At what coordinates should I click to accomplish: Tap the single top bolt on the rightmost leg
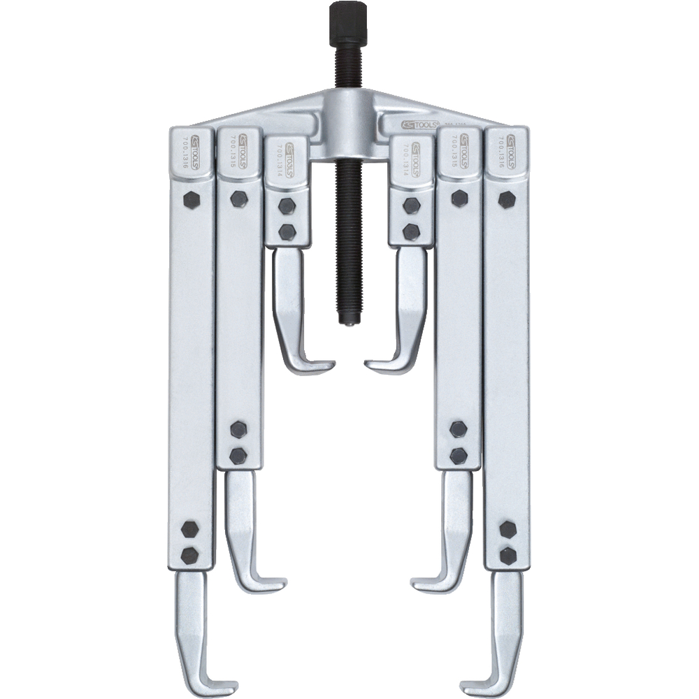[x=506, y=199]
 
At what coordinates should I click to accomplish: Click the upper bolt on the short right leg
[x=412, y=206]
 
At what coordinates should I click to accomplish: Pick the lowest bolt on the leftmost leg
[x=189, y=556]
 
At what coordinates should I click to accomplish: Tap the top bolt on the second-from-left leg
[x=238, y=199]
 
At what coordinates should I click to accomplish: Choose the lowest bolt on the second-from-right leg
[x=459, y=456]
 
